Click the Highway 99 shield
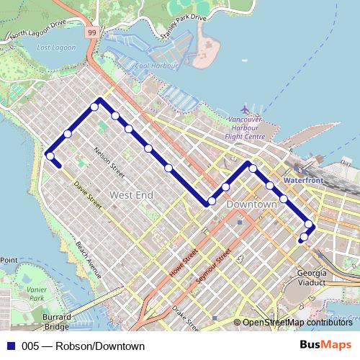(x=91, y=32)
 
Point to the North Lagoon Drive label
(x=37, y=33)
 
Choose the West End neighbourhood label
(x=130, y=195)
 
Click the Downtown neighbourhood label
(x=251, y=204)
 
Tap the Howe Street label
(x=184, y=262)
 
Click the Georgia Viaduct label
(x=311, y=279)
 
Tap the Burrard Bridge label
(x=56, y=321)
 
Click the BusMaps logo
(x=325, y=346)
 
